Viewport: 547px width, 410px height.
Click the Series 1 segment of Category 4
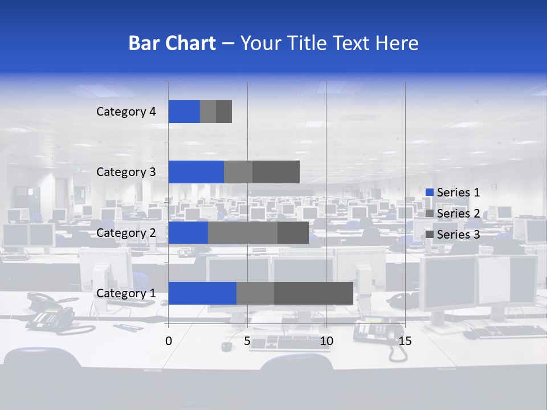point(184,112)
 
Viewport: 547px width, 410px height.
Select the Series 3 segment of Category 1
point(313,293)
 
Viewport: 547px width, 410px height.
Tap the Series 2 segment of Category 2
point(243,232)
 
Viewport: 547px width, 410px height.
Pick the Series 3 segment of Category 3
point(276,172)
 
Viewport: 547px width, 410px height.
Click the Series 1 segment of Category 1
point(202,293)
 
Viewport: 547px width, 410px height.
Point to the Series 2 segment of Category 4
point(208,112)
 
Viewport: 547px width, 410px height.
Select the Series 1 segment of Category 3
point(196,172)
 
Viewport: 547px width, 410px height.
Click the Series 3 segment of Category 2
point(293,232)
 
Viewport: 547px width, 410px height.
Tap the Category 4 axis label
point(126,112)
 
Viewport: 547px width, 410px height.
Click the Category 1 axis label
point(126,293)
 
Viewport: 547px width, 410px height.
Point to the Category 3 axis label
point(126,172)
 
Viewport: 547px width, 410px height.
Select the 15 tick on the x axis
point(405,341)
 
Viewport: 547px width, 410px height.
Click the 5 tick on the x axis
point(247,341)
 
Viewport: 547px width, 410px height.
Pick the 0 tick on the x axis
point(169,341)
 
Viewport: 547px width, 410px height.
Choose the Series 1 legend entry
point(458,192)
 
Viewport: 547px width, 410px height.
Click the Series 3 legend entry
point(458,235)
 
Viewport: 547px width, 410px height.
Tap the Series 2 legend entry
point(458,214)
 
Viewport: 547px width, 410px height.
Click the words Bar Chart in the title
point(172,43)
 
